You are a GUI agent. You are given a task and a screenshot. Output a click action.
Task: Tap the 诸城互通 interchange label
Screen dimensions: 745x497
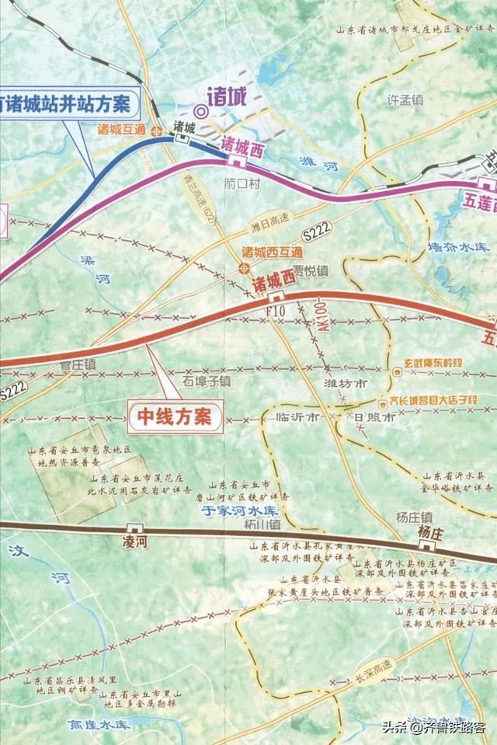122,130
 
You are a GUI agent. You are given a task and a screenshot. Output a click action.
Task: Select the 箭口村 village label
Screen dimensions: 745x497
239,184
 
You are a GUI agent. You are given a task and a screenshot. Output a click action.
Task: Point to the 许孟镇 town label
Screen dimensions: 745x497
405,99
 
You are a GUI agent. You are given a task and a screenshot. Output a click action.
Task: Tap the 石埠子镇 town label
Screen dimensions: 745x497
207,381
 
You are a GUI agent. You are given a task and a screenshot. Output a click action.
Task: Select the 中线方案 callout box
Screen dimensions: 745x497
175,415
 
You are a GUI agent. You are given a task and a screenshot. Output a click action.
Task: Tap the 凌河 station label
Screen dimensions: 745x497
134,538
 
